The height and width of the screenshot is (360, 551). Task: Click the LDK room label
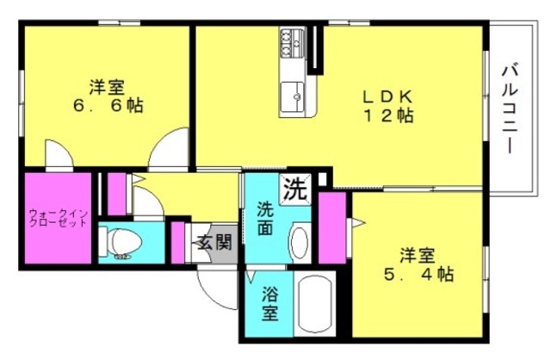[x=387, y=96]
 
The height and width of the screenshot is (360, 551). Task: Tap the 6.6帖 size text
[x=108, y=105]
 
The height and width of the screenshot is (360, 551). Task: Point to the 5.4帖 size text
[x=418, y=274]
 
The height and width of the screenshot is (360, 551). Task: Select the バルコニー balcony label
[x=510, y=109]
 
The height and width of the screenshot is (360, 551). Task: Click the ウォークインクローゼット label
[x=58, y=218]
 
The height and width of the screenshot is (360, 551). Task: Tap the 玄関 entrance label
[x=214, y=242]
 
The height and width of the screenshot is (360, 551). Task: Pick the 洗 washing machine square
[x=295, y=189]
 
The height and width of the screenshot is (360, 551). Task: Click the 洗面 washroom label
[x=265, y=219]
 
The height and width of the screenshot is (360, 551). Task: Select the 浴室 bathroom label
[x=269, y=304]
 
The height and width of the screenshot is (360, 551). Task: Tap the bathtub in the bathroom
[x=314, y=304]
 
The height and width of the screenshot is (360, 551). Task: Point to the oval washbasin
[x=300, y=243]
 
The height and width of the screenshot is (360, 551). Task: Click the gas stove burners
[x=291, y=43]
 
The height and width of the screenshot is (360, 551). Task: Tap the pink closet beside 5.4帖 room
[x=332, y=228]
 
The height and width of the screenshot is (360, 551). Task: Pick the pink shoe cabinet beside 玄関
[x=178, y=243]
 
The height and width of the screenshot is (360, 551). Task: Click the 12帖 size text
[x=387, y=115]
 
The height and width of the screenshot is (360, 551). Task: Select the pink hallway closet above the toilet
[x=117, y=194]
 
